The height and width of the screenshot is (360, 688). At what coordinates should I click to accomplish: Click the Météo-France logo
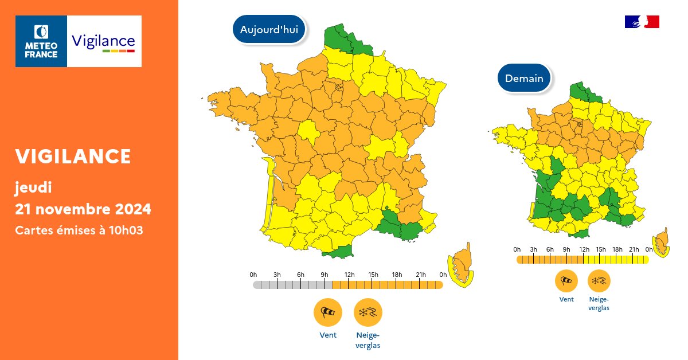(x=41, y=41)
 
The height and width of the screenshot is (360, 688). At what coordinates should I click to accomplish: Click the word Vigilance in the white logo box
(x=103, y=41)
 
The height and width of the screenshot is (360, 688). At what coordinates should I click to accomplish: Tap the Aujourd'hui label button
(x=269, y=30)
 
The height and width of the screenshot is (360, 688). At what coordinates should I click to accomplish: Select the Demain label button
(x=524, y=79)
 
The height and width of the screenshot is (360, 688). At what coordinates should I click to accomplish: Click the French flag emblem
(x=642, y=22)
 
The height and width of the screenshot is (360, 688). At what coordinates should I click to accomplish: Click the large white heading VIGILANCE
(x=73, y=156)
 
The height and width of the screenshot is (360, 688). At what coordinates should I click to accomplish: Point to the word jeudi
(x=34, y=187)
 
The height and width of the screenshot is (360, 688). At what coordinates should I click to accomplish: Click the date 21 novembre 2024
(x=83, y=209)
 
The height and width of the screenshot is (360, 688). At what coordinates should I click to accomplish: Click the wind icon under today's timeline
(x=328, y=312)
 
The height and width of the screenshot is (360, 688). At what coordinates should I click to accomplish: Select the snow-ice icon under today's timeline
(x=368, y=312)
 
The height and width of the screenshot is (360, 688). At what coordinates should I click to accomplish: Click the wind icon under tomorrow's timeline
(x=566, y=281)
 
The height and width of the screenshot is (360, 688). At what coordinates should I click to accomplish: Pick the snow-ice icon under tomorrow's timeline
(x=599, y=281)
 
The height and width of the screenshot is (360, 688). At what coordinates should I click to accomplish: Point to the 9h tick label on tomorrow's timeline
(x=566, y=249)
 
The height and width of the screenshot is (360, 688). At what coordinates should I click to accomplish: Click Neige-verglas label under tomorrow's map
(x=599, y=303)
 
